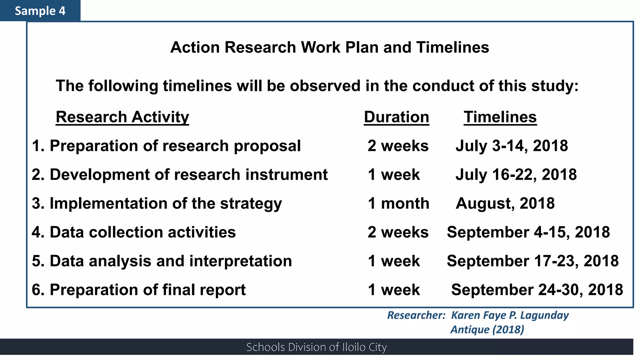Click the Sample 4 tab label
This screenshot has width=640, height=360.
pyautogui.click(x=40, y=11)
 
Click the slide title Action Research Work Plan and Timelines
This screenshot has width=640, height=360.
pyautogui.click(x=329, y=47)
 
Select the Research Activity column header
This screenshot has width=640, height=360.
pyautogui.click(x=122, y=117)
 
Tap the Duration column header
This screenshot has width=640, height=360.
pyautogui.click(x=396, y=117)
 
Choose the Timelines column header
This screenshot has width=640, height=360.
pyautogui.click(x=500, y=117)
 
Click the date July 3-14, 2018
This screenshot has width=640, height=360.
pyautogui.click(x=512, y=146)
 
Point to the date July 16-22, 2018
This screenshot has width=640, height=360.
pyautogui.click(x=516, y=175)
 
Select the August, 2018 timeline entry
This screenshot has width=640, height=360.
pyautogui.click(x=505, y=203)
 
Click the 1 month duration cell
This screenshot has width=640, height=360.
pyautogui.click(x=398, y=203)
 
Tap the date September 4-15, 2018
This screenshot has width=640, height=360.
pyautogui.click(x=528, y=232)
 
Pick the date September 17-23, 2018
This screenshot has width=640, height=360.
pyautogui.click(x=532, y=261)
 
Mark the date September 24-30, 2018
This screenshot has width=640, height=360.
pyautogui.click(x=537, y=290)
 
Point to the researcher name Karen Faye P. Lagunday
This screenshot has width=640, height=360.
pyautogui.click(x=510, y=315)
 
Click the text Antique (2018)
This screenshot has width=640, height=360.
pyautogui.click(x=487, y=329)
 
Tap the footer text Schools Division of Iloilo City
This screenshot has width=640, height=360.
pyautogui.click(x=316, y=347)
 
